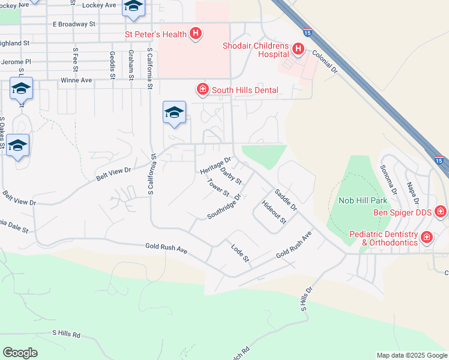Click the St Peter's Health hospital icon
pyautogui.click(x=195, y=34)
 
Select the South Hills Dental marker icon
pyautogui.click(x=202, y=90)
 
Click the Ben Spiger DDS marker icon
pyautogui.click(x=441, y=211)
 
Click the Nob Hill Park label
pyautogui.click(x=364, y=200)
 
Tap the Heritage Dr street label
pyautogui.click(x=215, y=165)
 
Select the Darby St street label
pyautogui.click(x=231, y=176)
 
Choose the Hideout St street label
pyautogui.click(x=274, y=212)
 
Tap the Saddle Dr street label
pyautogui.click(x=285, y=200)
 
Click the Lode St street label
pyautogui.click(x=240, y=252)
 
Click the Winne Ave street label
pyautogui.click(x=76, y=80)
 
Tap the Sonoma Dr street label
pyautogui.click(x=389, y=179)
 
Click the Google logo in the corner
pyautogui.click(x=20, y=353)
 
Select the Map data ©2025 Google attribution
pyautogui.click(x=411, y=355)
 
